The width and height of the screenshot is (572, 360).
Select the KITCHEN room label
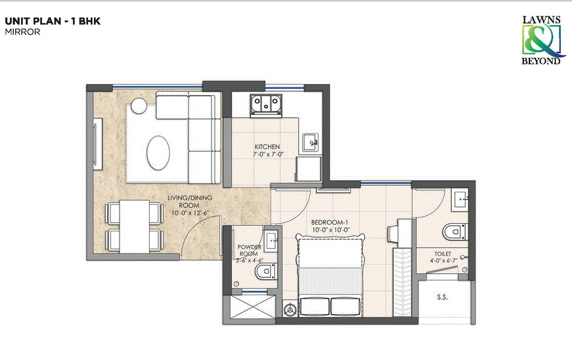coord(267,146)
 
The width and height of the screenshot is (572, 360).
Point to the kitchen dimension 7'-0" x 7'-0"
coord(267,154)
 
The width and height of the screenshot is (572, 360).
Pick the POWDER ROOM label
coord(250,250)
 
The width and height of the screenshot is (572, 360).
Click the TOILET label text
coord(443,252)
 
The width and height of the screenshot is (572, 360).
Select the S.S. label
coord(443,297)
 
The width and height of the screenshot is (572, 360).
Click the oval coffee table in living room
coord(159,152)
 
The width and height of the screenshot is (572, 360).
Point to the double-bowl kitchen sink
coord(266,104)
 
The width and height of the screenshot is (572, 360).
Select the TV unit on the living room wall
coord(98,144)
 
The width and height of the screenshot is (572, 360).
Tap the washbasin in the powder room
coord(271,237)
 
